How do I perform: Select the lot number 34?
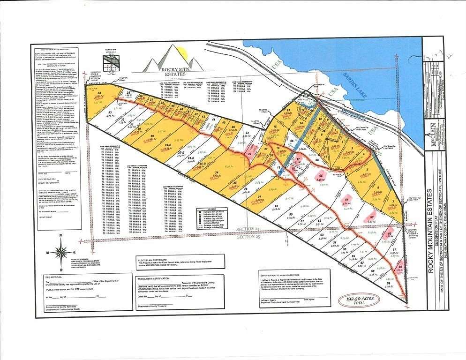(100, 93)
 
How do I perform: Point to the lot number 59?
(389, 284)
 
